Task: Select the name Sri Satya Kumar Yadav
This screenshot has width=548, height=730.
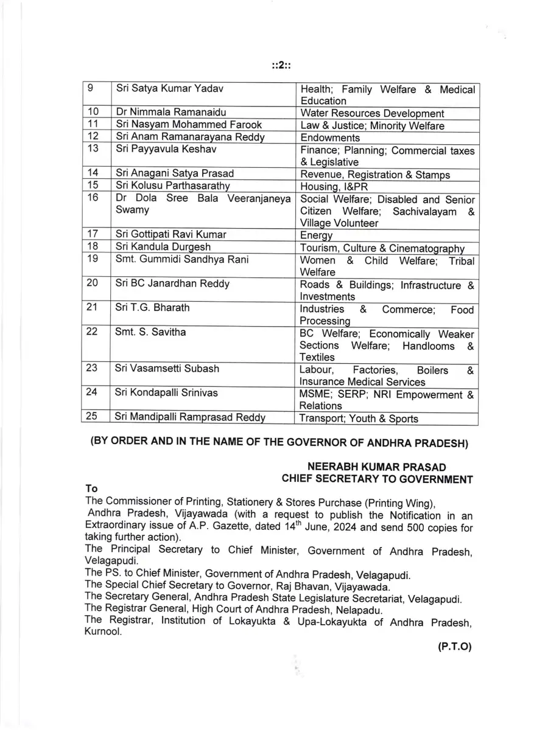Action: tap(170, 89)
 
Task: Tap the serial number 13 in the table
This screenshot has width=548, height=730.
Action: tap(94, 150)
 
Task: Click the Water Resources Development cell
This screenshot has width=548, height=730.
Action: tap(372, 114)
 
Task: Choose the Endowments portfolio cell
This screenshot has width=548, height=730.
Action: tap(330, 138)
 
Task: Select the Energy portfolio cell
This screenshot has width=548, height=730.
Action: tap(317, 235)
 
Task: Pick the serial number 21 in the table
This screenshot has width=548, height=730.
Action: tap(93, 308)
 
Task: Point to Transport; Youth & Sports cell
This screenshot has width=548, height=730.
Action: tap(359, 418)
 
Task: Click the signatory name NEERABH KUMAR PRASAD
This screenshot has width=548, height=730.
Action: tap(377, 467)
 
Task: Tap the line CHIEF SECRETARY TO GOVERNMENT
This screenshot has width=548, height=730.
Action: tap(377, 479)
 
